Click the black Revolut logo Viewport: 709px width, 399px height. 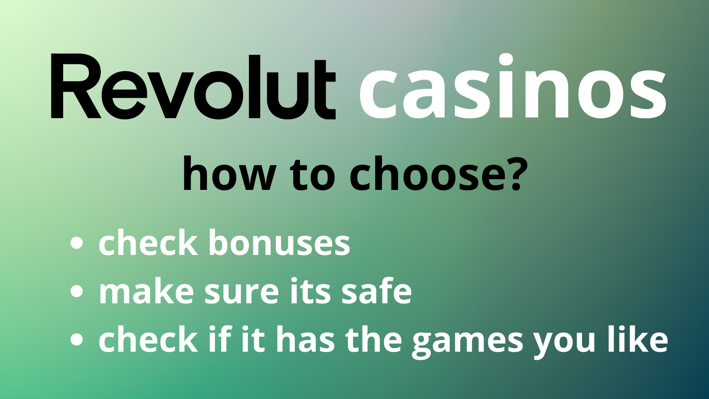pos(193,86)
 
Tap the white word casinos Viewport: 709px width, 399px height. pos(513,87)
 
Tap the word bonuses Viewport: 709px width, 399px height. pos(279,242)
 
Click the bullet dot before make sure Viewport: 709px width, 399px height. pos(76,291)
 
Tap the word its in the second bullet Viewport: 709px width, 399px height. pos(310,291)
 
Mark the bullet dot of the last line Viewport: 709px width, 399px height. pos(76,339)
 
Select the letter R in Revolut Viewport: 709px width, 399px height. pos(76,86)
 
